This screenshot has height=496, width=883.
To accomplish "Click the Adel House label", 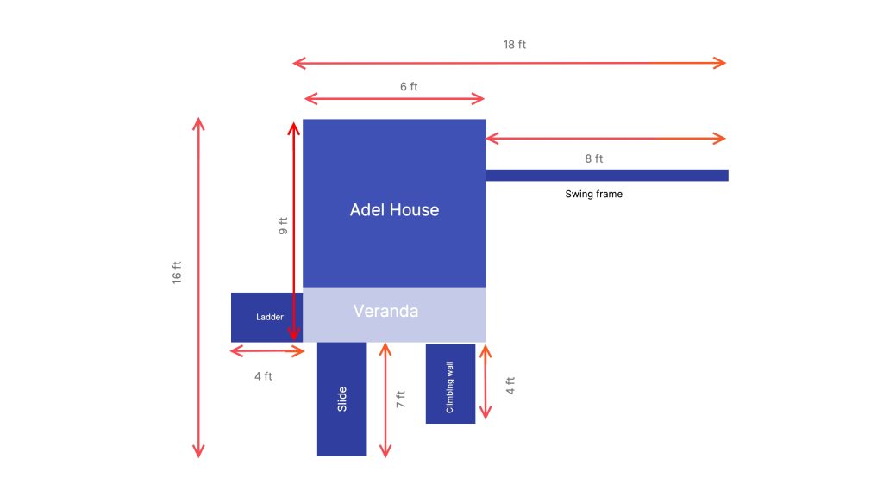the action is pos(394,210).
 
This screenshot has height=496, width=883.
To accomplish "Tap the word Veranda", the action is pos(385,311).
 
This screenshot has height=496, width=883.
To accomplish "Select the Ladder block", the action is pos(267,317).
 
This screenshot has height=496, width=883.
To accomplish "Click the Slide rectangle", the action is pos(341,399).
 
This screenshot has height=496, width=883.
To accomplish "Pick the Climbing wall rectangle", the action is pos(450,383).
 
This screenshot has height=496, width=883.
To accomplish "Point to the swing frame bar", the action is pos(607,176).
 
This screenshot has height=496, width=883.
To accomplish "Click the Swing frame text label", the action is pos(593,194).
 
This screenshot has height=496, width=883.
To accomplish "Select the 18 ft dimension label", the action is pos(514,45).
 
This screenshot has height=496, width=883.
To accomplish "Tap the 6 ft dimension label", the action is pos(409,87).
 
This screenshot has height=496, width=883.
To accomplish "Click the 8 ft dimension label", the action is pos(593,158).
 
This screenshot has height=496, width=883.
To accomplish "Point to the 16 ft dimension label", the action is pos(177,272).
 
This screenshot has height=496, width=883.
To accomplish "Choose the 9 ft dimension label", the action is pos(283,226).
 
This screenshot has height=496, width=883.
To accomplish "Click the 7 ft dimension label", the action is pos(400,400).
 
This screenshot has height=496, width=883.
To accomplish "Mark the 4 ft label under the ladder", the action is pos(263,376).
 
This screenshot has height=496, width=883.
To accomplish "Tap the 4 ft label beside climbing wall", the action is pos(510,385).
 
